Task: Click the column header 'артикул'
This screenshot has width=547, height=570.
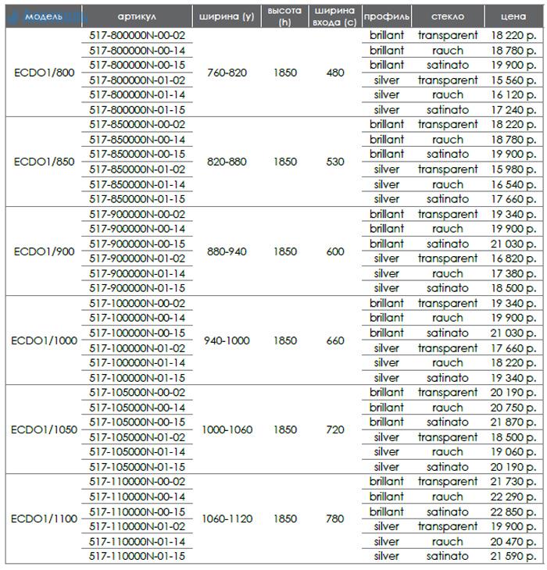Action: [137, 16]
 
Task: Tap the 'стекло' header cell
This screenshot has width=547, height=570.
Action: [448, 16]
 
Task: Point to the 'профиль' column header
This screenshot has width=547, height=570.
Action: [387, 16]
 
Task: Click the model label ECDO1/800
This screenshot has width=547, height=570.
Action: [44, 73]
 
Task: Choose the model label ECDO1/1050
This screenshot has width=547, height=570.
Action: [44, 429]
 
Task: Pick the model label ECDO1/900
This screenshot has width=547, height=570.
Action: [44, 251]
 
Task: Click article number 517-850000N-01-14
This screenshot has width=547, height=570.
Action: [137, 184]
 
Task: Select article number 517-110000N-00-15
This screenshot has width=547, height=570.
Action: [137, 511]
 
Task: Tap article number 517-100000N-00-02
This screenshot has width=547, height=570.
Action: [137, 303]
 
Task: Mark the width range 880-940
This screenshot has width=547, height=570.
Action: [227, 251]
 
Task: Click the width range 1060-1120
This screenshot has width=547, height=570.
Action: [227, 518]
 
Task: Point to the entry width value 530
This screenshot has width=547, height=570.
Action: [335, 162]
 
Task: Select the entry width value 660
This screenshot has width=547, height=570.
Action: [335, 340]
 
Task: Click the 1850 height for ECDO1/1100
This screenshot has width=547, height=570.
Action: [285, 518]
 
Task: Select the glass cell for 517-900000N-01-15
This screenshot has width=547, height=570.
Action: [448, 288]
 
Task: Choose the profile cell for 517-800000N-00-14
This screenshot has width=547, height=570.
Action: [387, 51]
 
